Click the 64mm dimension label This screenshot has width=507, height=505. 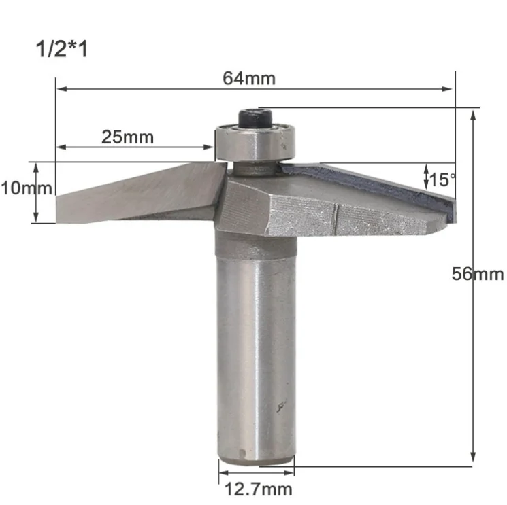249,78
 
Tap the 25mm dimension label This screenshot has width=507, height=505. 128,137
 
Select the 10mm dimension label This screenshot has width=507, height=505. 27,188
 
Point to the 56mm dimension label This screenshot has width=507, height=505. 478,274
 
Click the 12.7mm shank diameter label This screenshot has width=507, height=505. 258,489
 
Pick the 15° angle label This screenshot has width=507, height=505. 442,180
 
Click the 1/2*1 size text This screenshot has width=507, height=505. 62,50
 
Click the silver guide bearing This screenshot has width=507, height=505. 255,142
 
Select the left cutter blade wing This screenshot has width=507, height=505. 139,194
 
